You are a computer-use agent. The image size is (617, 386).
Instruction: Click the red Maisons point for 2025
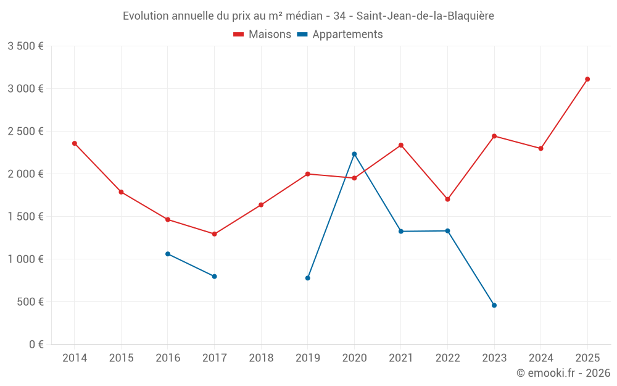[x=587, y=79]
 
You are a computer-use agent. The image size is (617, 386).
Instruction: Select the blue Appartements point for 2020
[x=354, y=154]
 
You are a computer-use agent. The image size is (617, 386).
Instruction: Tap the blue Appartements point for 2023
[x=494, y=305]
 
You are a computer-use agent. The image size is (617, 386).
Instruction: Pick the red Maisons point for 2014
[x=75, y=143]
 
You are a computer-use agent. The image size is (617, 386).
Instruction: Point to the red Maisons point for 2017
[x=214, y=234]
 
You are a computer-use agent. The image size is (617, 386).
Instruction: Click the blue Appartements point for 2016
[x=168, y=254]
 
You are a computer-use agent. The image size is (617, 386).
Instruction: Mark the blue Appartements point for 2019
[x=308, y=278]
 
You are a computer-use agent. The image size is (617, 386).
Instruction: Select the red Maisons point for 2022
[x=447, y=199]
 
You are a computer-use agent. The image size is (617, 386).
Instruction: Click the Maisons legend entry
[x=262, y=35]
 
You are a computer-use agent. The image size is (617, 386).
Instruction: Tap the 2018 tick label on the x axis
[x=261, y=358]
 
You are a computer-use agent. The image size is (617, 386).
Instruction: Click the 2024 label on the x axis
[x=540, y=358]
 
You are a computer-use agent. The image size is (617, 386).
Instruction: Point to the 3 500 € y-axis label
[x=25, y=46]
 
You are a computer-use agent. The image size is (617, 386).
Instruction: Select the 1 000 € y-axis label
[x=25, y=259]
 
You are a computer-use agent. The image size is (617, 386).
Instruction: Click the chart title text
[x=308, y=16]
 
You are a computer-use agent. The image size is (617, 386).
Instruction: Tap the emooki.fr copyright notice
[x=563, y=373]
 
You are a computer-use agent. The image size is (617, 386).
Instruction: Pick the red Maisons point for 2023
[x=494, y=136]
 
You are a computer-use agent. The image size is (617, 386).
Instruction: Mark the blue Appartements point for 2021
[x=401, y=232]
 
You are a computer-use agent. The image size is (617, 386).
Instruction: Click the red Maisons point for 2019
[x=308, y=174]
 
